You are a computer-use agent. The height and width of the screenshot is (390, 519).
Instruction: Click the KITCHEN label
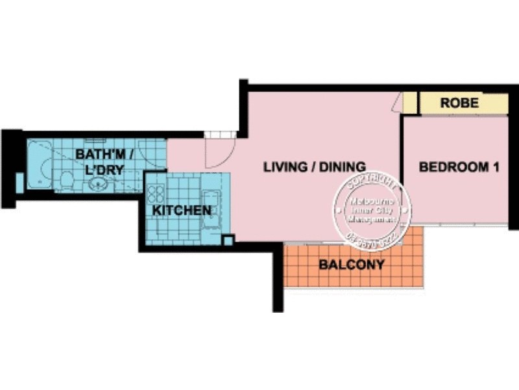182,211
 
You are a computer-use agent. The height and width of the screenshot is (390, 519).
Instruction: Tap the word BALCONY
352,265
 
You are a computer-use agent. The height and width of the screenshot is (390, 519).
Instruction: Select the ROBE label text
459,103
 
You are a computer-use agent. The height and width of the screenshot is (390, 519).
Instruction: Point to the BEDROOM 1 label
459,167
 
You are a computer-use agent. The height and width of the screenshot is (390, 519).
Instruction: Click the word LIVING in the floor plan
285,167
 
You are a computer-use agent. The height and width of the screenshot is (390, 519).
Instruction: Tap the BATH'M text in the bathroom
97,155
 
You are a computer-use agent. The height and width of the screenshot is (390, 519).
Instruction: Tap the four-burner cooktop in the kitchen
156,194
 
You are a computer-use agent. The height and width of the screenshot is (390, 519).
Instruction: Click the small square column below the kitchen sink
227,240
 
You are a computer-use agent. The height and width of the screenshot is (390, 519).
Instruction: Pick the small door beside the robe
410,103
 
